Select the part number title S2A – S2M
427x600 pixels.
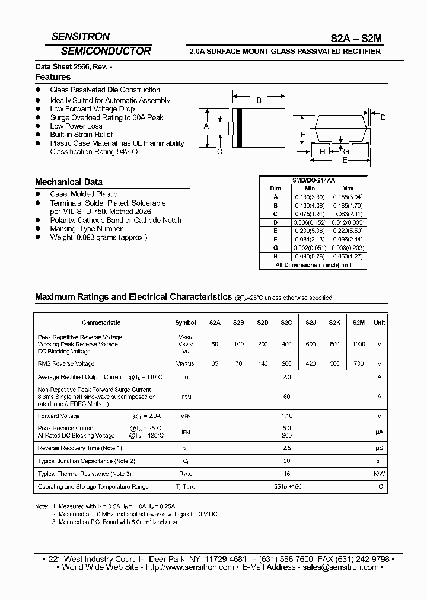click(x=356, y=38)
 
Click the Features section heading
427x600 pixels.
click(x=53, y=77)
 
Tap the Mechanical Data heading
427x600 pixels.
click(x=69, y=182)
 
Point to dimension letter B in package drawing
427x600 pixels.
click(x=259, y=101)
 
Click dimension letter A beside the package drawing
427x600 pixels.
click(x=206, y=126)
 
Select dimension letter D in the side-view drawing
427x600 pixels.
click(x=383, y=118)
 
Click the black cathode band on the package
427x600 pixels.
click(x=239, y=126)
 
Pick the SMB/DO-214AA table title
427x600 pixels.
click(x=314, y=180)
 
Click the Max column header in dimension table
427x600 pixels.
click(x=348, y=188)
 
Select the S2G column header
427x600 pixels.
click(x=286, y=323)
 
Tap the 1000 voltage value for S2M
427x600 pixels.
click(x=359, y=344)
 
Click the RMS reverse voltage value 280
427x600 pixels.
click(x=286, y=363)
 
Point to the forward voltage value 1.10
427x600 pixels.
click(x=286, y=416)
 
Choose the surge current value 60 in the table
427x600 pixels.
click(x=286, y=397)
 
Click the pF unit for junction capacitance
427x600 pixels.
click(x=380, y=461)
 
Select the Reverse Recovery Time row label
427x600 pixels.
click(x=79, y=448)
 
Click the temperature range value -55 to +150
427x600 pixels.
click(x=286, y=487)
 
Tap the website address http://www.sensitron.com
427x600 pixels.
click(x=190, y=567)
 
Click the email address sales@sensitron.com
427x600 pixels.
click(x=333, y=567)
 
